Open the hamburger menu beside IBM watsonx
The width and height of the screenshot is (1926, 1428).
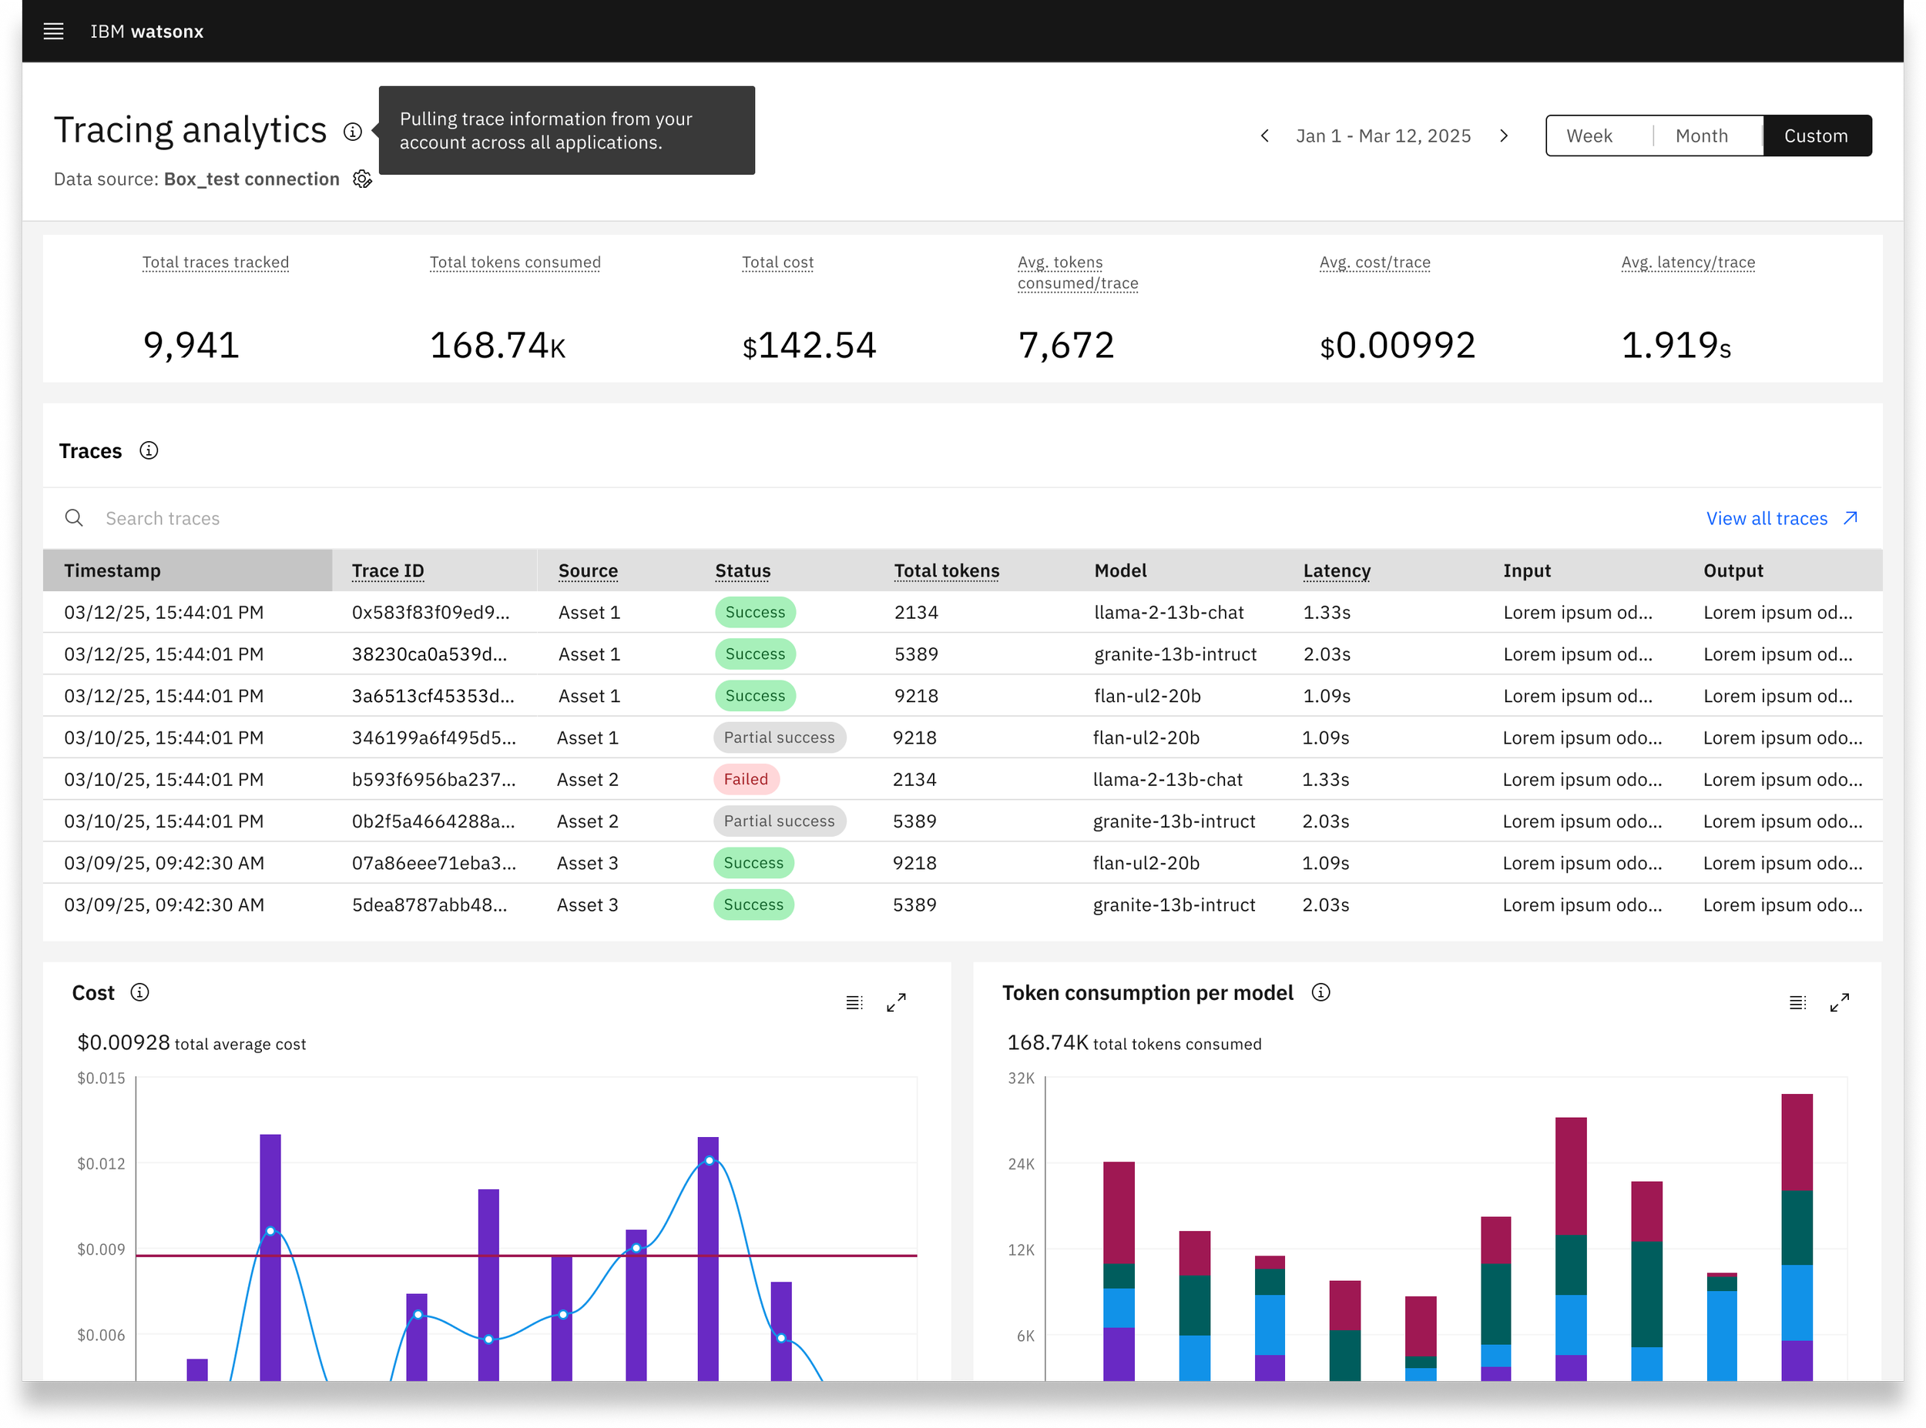54,31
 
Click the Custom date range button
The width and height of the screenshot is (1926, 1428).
1816,135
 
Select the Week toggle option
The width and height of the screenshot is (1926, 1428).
1589,135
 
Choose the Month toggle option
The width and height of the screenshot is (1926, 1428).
1701,135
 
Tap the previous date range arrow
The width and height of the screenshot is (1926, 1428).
1264,135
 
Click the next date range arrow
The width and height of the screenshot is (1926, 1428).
1504,135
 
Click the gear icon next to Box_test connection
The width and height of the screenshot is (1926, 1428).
362,179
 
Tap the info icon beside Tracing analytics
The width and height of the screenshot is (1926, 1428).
353,132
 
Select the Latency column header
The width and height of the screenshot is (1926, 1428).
1336,570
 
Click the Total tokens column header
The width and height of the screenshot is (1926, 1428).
946,570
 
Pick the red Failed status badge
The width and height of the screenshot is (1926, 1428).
746,779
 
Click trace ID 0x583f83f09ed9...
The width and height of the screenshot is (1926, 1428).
431,612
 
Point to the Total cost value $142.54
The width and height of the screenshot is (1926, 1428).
809,345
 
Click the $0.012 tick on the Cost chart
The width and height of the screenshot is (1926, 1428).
101,1163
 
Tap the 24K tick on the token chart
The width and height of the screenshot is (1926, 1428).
1022,1163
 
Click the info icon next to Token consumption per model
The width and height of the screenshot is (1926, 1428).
1320,992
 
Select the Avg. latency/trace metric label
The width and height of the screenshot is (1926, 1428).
1687,262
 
